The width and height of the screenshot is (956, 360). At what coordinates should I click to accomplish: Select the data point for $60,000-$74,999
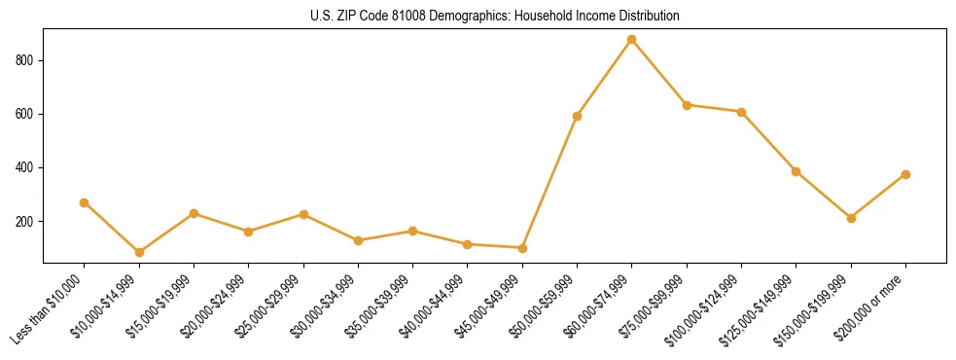click(x=632, y=40)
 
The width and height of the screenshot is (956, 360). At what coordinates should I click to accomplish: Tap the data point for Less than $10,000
click(x=85, y=202)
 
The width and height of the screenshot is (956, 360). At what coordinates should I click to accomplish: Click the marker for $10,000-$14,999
click(x=139, y=252)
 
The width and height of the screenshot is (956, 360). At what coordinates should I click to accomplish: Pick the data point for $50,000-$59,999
click(x=578, y=116)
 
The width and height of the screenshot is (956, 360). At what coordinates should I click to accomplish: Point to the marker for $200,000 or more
click(x=905, y=174)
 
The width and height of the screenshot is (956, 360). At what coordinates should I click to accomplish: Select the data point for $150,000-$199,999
click(x=851, y=218)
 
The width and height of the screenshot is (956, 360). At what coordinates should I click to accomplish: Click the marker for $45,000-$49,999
click(x=522, y=248)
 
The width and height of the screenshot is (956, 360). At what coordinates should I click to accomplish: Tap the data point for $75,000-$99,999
click(x=687, y=105)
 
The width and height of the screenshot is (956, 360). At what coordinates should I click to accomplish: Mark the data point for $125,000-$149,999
click(x=797, y=171)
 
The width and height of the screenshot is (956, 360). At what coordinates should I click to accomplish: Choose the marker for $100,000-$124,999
click(x=741, y=112)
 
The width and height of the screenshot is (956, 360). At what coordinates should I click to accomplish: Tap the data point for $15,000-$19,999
click(x=194, y=213)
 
